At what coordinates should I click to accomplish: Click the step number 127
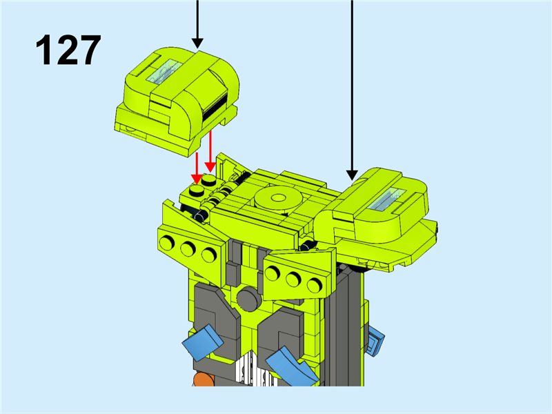pyautogui.click(x=68, y=50)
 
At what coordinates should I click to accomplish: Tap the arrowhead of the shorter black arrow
pyautogui.click(x=197, y=43)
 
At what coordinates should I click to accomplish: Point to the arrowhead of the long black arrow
pyautogui.click(x=352, y=175)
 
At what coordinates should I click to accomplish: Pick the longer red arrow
pyautogui.click(x=210, y=151)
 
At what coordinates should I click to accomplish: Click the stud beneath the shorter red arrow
pyautogui.click(x=197, y=190)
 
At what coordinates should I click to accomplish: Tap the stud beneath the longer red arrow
pyautogui.click(x=210, y=180)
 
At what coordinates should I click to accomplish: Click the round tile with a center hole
pyautogui.click(x=278, y=199)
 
